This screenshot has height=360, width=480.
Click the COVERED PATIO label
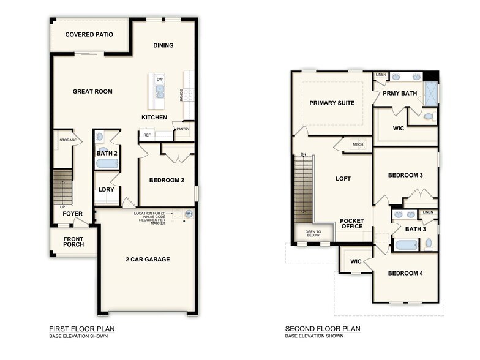point(89,34)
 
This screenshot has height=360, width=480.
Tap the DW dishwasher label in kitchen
point(160,80)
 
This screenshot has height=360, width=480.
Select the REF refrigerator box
point(147,135)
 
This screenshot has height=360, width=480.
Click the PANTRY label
point(182,129)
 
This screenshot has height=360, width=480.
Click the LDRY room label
point(106,189)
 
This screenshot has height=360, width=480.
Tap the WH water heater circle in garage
point(189,214)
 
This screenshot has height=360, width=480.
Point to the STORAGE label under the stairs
point(68,140)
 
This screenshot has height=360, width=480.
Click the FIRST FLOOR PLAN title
point(81,329)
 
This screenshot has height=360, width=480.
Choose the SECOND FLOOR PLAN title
point(323,329)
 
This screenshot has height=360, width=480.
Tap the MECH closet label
point(358,144)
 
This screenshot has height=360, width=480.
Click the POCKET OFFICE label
point(351,223)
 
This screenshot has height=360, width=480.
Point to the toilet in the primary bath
point(429,116)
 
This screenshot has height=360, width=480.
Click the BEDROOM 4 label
point(405,273)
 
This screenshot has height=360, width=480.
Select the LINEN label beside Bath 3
point(427,212)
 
